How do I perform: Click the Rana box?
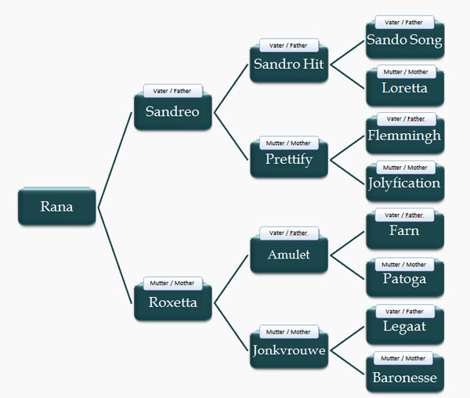[57, 207]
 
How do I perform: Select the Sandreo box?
[173, 111]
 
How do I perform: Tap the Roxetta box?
[173, 302]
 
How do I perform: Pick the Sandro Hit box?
[289, 63]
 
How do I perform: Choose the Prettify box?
[289, 159]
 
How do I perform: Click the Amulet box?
[289, 255]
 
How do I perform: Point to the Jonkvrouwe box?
[289, 349]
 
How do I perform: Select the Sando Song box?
[405, 40]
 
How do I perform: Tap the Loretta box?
[405, 88]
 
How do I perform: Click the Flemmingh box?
[405, 136]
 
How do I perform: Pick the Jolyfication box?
[405, 183]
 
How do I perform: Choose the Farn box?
[405, 230]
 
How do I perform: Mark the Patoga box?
[405, 278]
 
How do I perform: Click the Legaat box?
[405, 326]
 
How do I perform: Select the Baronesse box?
[405, 374]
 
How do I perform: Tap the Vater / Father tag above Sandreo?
[172, 91]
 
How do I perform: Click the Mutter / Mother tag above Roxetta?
[172, 283]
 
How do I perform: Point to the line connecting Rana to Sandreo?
[115, 160]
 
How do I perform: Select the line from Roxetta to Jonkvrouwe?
[231, 327]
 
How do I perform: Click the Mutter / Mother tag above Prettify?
[288, 143]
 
